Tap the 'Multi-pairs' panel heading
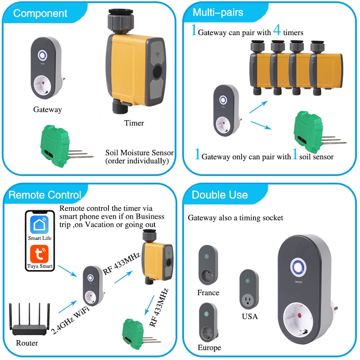pyautogui.click(x=218, y=12)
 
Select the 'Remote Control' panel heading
pyautogui.click(x=45, y=195)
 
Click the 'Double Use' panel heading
pyautogui.click(x=219, y=195)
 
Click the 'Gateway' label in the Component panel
pyautogui.click(x=47, y=109)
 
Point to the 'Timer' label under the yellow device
pyautogui.click(x=134, y=123)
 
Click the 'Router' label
pyautogui.click(x=27, y=343)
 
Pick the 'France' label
pyautogui.click(x=208, y=293)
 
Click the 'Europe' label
pyautogui.click(x=209, y=348)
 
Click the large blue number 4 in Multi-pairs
pyautogui.click(x=277, y=31)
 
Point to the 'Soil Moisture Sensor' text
pyautogui.click(x=139, y=153)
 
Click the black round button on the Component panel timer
pyautogui.click(x=157, y=72)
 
